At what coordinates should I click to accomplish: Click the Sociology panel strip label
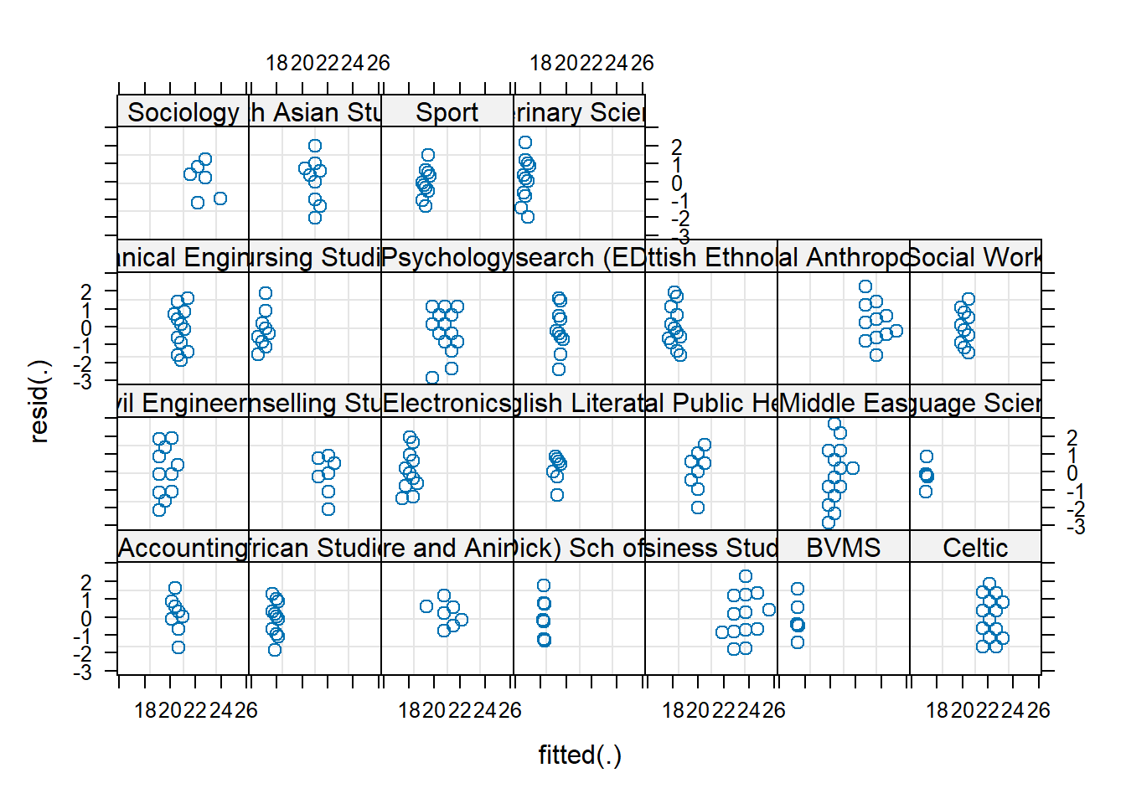click(x=183, y=112)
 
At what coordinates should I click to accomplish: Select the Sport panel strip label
click(x=447, y=112)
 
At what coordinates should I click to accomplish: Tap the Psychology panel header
click(x=447, y=257)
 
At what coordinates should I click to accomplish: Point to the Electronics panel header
click(x=447, y=403)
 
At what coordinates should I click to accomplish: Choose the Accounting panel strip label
click(x=183, y=548)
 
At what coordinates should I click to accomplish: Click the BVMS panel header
click(x=843, y=548)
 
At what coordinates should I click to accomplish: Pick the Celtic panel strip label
click(x=975, y=548)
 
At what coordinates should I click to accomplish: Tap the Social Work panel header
click(x=975, y=257)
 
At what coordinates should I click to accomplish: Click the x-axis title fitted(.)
click(x=580, y=755)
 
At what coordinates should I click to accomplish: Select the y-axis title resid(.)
click(x=39, y=400)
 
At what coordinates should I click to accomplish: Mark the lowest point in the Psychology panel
click(x=432, y=379)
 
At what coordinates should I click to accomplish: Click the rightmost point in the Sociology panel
click(x=220, y=198)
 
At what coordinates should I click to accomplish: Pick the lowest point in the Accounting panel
click(x=178, y=647)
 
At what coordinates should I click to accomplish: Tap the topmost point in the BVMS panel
click(x=798, y=589)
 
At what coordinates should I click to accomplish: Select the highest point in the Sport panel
click(x=428, y=155)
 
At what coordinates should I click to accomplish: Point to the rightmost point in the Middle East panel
click(x=853, y=468)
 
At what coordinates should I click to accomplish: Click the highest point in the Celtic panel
click(x=989, y=584)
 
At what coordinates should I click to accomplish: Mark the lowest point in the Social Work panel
click(x=968, y=353)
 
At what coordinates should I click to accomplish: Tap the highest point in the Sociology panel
click(x=205, y=159)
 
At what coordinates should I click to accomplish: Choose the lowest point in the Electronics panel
click(x=402, y=498)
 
